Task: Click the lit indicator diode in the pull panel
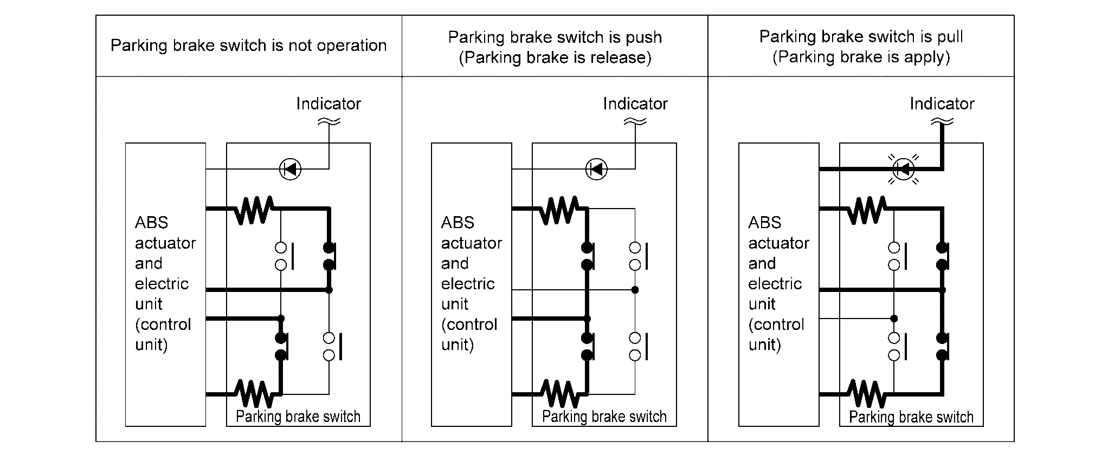pyautogui.click(x=904, y=169)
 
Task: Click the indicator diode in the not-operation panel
pyautogui.click(x=290, y=169)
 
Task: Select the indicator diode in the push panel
pyautogui.click(x=597, y=169)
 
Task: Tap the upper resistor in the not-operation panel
pyautogui.click(x=254, y=210)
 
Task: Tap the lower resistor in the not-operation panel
pyautogui.click(x=254, y=394)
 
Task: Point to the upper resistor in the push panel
pyautogui.click(x=560, y=210)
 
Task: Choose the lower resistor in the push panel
pyautogui.click(x=560, y=394)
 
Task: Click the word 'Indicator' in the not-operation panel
pyautogui.click(x=328, y=103)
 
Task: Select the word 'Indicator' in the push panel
pyautogui.click(x=635, y=103)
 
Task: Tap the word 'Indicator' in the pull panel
pyautogui.click(x=942, y=103)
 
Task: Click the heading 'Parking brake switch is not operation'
pyautogui.click(x=249, y=46)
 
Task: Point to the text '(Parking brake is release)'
pyautogui.click(x=555, y=57)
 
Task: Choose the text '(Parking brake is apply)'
pyautogui.click(x=861, y=57)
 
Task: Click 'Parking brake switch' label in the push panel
pyautogui.click(x=604, y=417)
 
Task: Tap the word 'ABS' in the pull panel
pyautogui.click(x=765, y=223)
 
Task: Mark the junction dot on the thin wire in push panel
pyautogui.click(x=635, y=290)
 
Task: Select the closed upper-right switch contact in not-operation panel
pyautogui.click(x=330, y=256)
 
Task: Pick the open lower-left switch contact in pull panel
pyautogui.click(x=898, y=346)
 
